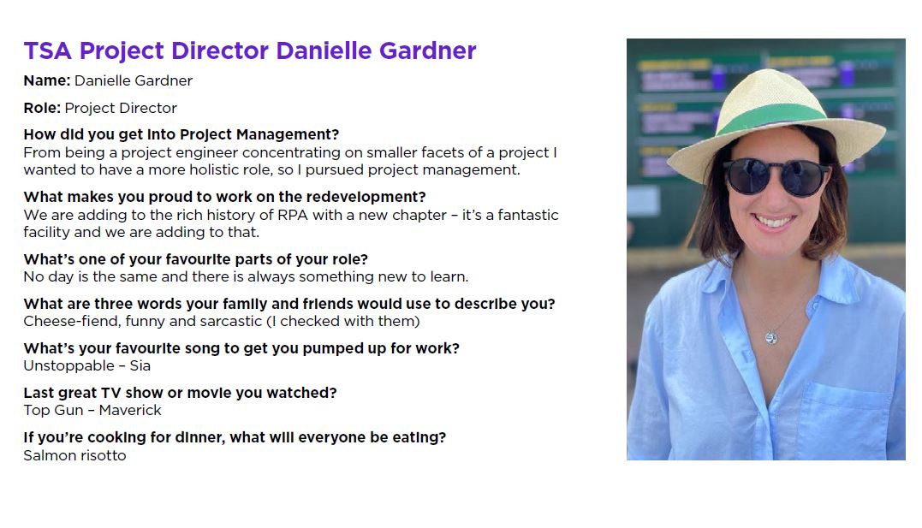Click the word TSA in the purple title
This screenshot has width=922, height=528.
48,51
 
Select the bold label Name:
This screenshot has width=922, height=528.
47,80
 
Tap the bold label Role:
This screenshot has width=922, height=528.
42,108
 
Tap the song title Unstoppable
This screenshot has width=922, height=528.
68,366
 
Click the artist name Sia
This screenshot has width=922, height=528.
140,365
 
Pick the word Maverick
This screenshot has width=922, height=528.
130,411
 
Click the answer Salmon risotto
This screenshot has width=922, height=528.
74,455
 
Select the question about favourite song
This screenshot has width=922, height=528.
241,348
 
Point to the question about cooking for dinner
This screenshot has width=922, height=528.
235,438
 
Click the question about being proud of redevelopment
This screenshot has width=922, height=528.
224,197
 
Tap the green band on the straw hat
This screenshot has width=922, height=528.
770,116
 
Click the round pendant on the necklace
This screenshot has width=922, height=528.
771,337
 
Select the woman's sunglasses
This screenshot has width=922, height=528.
776,177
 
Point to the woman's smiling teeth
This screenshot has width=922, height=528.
773,222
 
